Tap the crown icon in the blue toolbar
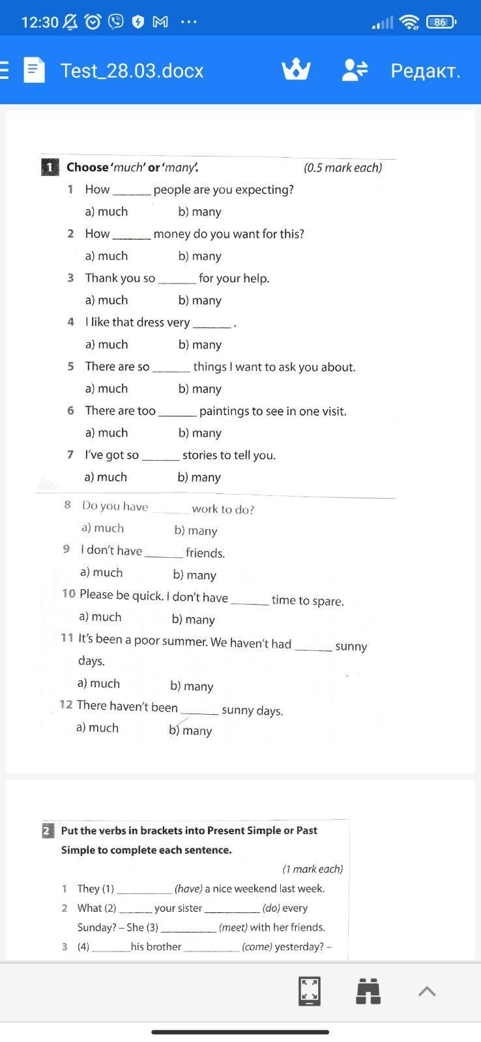[296, 70]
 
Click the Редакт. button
[425, 70]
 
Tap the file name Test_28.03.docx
[132, 70]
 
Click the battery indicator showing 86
[441, 22]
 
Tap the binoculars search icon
[368, 991]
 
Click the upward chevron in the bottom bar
[427, 991]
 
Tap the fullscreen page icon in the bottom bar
[309, 991]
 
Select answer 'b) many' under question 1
[199, 212]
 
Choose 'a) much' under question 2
[106, 255]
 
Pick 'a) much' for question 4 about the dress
[106, 344]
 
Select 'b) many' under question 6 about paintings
[199, 433]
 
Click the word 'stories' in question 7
[201, 455]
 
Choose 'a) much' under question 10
[100, 616]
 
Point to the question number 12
[65, 704]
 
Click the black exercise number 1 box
[50, 167]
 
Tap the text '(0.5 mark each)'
[343, 167]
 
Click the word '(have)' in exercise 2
[188, 889]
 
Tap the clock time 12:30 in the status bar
[40, 22]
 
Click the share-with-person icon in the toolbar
[355, 70]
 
